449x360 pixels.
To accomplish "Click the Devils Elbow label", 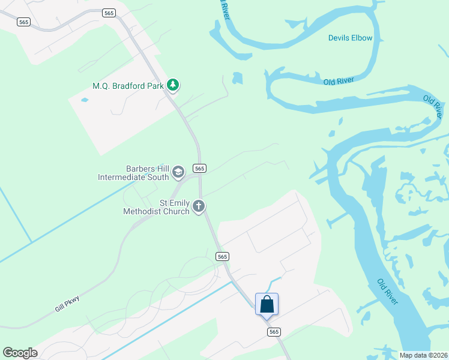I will (x=350, y=38).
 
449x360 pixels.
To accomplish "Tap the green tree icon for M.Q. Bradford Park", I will (x=173, y=86).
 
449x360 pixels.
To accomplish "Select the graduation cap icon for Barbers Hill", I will (x=178, y=173).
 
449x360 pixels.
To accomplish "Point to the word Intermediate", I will (x=125, y=177).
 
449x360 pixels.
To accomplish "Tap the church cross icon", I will (x=199, y=207).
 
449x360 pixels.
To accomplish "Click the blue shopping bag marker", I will (x=267, y=304).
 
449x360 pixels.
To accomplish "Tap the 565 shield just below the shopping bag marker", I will (x=274, y=331).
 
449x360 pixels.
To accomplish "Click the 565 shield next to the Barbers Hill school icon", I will (x=200, y=169).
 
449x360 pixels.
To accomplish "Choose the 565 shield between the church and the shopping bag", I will (x=222, y=256).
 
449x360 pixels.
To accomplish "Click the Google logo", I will (x=20, y=353).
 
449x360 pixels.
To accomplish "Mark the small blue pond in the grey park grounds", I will (x=83, y=100).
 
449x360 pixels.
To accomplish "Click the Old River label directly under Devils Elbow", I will (x=339, y=81).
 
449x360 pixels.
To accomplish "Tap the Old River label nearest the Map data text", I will (x=388, y=291).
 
